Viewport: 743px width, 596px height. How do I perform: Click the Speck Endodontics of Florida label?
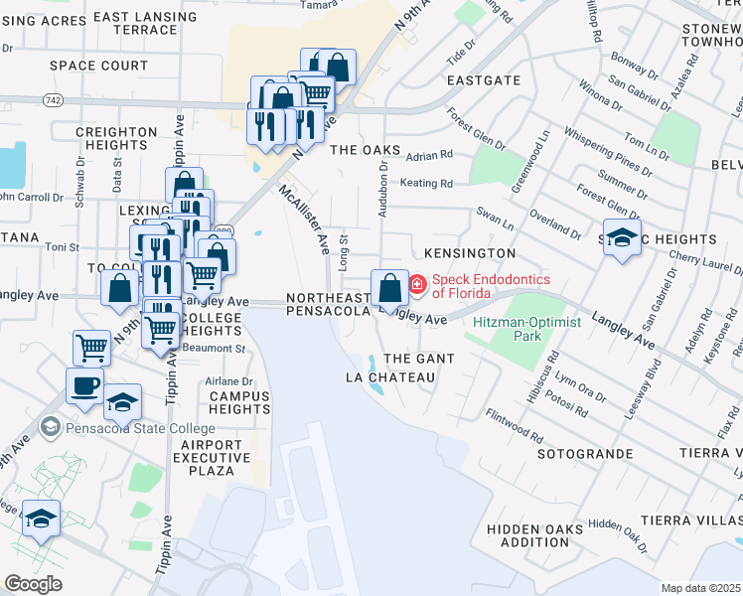pyautogui.click(x=490, y=286)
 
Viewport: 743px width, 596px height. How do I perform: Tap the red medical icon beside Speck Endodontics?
pyautogui.click(x=418, y=286)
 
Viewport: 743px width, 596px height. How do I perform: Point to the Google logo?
pyautogui.click(x=33, y=583)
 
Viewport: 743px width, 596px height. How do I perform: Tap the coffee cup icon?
pyautogui.click(x=83, y=384)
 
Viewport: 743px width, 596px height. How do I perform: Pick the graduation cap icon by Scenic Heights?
pyautogui.click(x=622, y=238)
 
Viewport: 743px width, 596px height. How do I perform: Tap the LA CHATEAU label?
pyautogui.click(x=389, y=377)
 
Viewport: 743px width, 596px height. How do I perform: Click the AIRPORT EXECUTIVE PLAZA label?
pyautogui.click(x=213, y=458)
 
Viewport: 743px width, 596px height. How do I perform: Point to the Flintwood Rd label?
pyautogui.click(x=514, y=426)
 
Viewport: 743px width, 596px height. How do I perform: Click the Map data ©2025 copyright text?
pyautogui.click(x=701, y=588)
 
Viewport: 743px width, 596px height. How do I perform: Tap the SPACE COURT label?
pyautogui.click(x=98, y=66)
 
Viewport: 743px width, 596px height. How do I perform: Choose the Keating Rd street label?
pyautogui.click(x=426, y=183)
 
